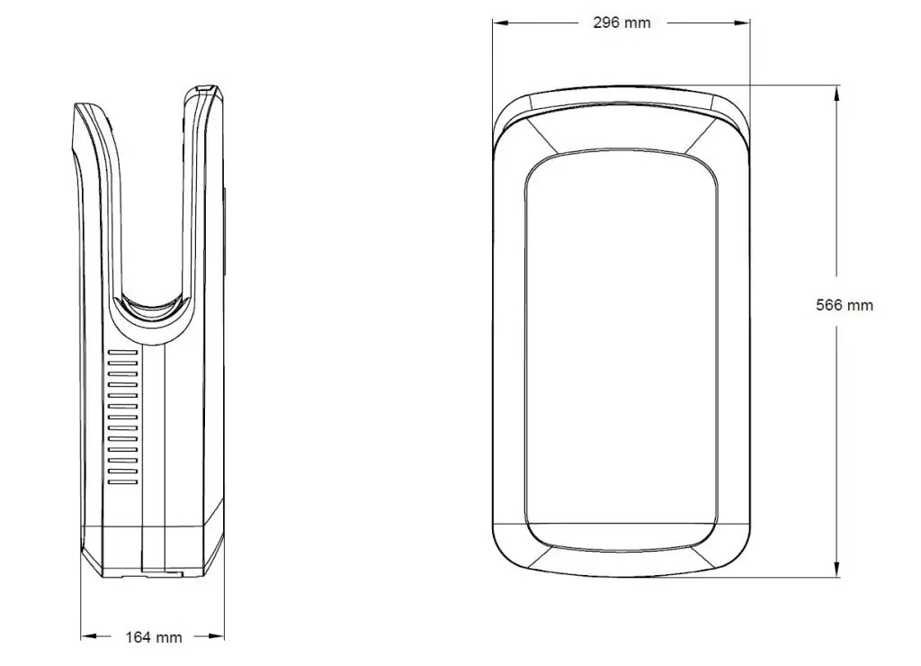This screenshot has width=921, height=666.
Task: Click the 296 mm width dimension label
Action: (x=621, y=22)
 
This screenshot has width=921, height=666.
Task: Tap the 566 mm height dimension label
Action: (x=844, y=305)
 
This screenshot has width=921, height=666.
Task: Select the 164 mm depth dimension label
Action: (x=153, y=637)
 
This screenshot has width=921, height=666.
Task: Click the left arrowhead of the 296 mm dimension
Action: (x=500, y=22)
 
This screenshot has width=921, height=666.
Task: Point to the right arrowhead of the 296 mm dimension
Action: (x=742, y=22)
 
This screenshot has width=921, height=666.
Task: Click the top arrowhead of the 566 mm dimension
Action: (x=836, y=94)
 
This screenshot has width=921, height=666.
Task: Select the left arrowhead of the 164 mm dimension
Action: (x=89, y=636)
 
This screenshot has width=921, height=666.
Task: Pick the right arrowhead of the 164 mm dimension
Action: (x=216, y=636)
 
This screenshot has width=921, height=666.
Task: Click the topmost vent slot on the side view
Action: (x=122, y=353)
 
